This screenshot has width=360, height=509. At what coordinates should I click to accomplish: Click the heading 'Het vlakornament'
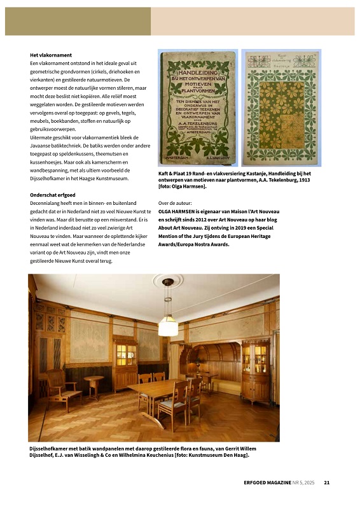point(50,55)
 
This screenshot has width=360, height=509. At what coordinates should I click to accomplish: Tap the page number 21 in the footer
point(326,483)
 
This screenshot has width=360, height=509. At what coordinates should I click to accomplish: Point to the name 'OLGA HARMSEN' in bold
point(179,211)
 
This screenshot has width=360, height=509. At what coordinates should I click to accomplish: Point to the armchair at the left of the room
point(62,387)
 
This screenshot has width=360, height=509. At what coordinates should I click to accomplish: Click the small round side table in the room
point(94,384)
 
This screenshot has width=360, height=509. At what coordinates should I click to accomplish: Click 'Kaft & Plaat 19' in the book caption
point(179,173)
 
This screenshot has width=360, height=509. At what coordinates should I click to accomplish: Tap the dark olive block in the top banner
point(78,21)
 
